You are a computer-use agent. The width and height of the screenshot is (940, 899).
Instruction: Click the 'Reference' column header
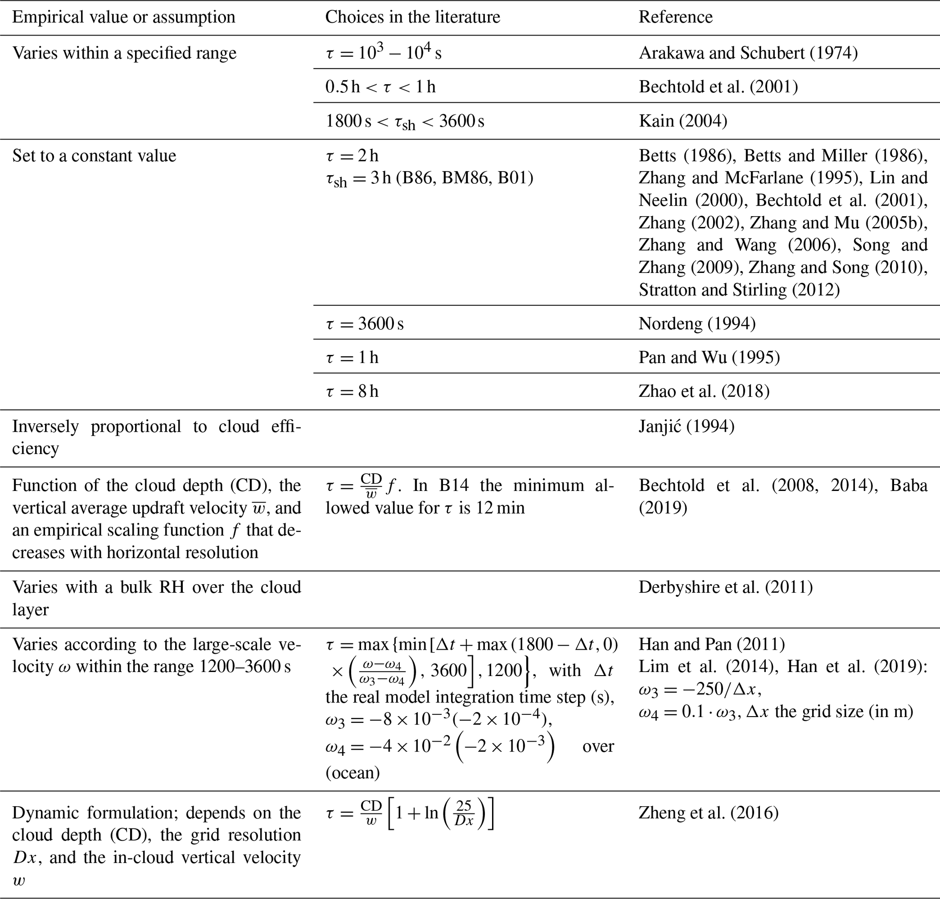point(675,17)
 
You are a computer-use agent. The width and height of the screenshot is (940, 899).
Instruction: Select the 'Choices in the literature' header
point(412,17)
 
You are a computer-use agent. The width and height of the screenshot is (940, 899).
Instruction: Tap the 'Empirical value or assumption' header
point(124,17)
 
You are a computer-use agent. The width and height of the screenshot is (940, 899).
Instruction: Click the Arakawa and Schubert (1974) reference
point(748,53)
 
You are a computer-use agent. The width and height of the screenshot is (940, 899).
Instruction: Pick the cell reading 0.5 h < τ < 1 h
point(380,87)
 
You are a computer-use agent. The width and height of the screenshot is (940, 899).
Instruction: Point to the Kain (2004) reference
point(683,121)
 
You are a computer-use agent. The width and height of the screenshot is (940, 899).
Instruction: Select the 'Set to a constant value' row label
point(94,156)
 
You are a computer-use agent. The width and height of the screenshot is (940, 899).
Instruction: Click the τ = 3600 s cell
point(365,324)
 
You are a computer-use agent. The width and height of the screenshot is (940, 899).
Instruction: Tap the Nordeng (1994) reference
point(697,324)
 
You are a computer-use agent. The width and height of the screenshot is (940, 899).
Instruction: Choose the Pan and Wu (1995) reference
point(709,358)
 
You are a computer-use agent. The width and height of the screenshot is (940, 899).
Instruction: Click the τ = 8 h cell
point(352,392)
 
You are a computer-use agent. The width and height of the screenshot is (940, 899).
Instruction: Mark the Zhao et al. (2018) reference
point(704,392)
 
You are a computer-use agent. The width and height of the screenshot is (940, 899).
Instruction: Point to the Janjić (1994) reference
point(686,426)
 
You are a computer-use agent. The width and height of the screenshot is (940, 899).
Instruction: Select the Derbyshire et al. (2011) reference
point(725,587)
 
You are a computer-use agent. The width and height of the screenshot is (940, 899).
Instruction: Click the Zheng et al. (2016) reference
point(708,813)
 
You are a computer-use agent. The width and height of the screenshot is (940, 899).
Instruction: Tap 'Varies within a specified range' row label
point(124,53)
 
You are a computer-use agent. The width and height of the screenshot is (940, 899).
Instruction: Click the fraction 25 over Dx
point(464,814)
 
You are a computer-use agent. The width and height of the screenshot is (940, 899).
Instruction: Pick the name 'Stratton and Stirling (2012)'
point(739,290)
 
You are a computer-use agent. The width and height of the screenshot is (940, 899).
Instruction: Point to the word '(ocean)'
point(352,773)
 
